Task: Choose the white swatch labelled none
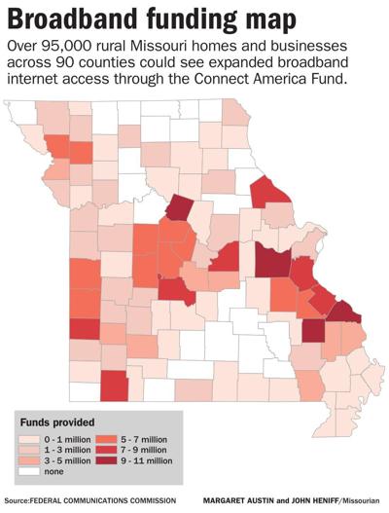click(x=29, y=470)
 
